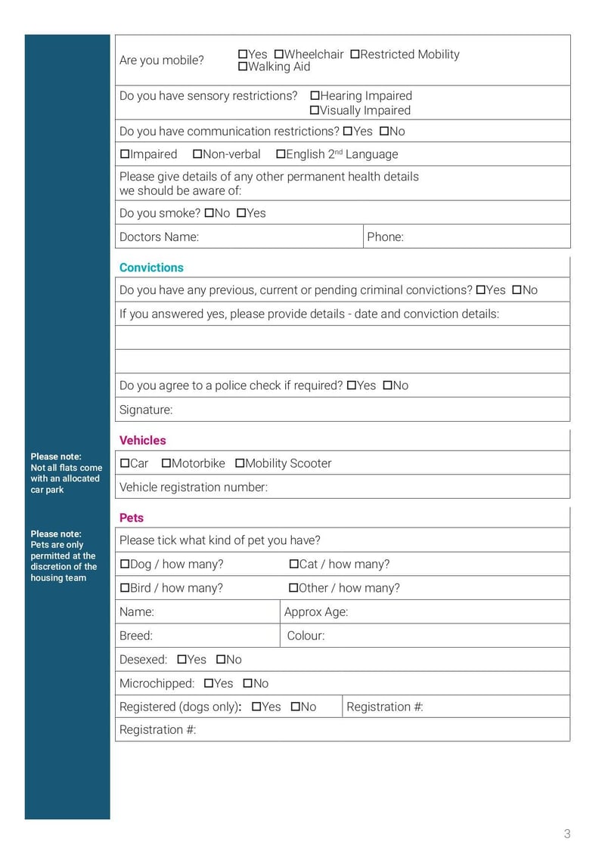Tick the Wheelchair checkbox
tap(278, 54)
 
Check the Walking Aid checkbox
tap(243, 67)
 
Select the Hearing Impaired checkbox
tap(315, 96)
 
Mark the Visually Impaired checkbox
tap(315, 110)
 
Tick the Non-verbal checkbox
tap(197, 154)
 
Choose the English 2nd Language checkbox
tap(281, 154)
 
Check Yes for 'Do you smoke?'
tap(241, 213)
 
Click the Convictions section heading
tap(151, 268)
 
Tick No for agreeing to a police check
tap(387, 385)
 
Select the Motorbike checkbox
tap(166, 463)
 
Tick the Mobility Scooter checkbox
tap(240, 463)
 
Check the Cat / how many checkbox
tap(294, 565)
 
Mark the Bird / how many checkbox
tap(125, 588)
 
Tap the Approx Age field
tap(454, 612)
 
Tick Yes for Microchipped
tap(209, 683)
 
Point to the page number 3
tap(567, 834)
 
